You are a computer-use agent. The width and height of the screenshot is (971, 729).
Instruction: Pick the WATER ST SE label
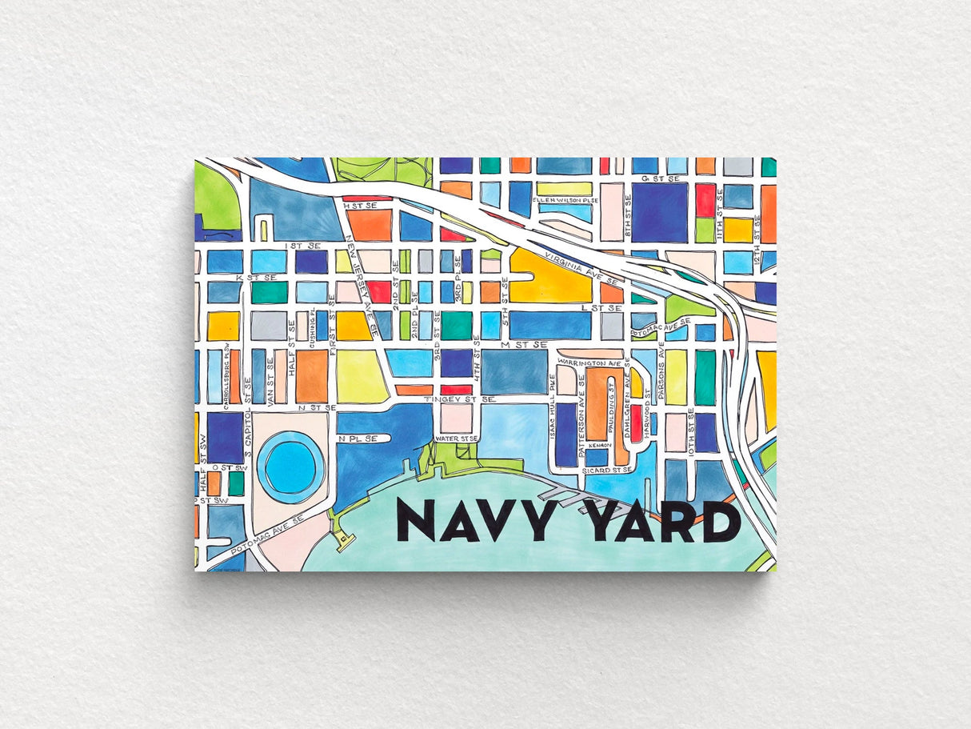456,439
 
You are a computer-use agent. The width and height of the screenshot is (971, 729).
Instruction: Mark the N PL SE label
358,439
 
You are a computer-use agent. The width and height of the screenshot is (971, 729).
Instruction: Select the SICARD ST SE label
608,471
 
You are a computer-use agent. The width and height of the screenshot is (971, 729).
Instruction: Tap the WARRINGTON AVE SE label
590,362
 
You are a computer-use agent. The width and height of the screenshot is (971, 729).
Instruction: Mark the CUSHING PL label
311,326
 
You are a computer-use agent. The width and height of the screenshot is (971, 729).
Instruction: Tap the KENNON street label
600,445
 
